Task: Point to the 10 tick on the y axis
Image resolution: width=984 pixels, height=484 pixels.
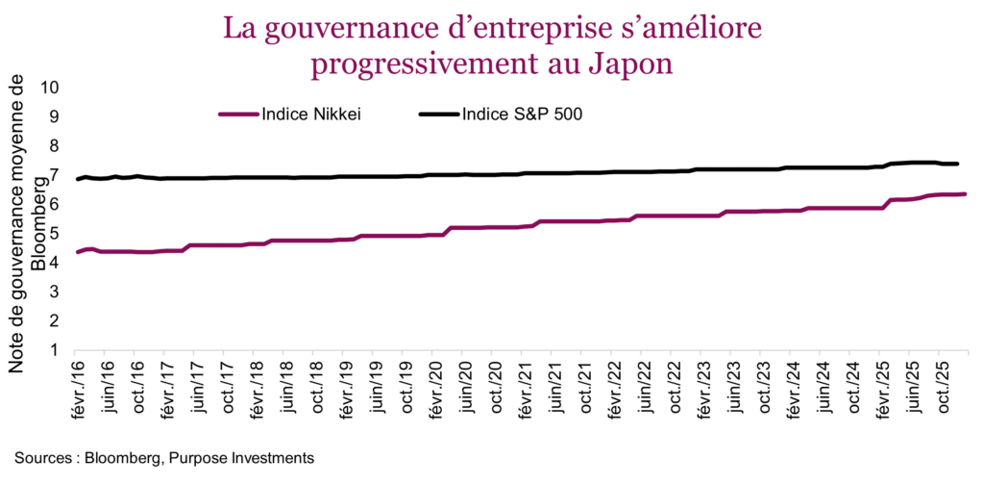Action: click(50, 88)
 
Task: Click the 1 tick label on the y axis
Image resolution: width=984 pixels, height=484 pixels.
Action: click(55, 350)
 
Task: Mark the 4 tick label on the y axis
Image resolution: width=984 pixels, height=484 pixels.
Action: click(55, 263)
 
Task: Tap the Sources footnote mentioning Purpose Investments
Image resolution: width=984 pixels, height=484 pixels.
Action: click(163, 456)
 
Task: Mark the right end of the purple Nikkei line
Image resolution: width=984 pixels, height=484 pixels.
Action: click(965, 194)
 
